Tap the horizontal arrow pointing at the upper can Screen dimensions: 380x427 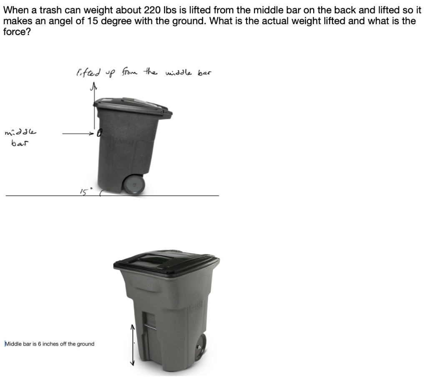79,133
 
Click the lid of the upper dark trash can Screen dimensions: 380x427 133,106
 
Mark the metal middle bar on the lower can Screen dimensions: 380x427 150,327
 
